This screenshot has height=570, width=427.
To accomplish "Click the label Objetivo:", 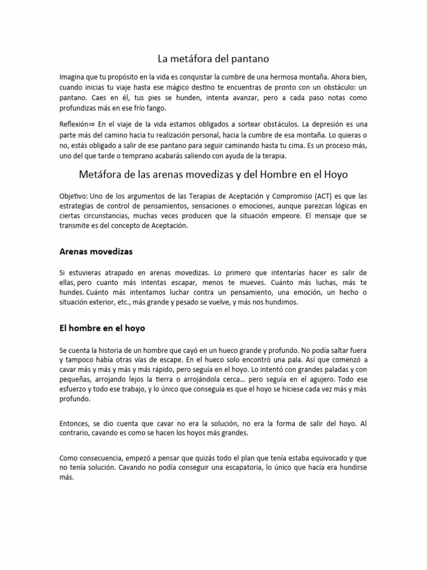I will [74, 196].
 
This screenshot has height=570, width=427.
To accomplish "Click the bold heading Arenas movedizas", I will [96, 251].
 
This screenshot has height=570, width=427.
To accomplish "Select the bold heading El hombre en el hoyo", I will [102, 328].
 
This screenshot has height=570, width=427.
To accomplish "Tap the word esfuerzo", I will [74, 390].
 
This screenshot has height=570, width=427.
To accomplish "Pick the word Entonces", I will [76, 424].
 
